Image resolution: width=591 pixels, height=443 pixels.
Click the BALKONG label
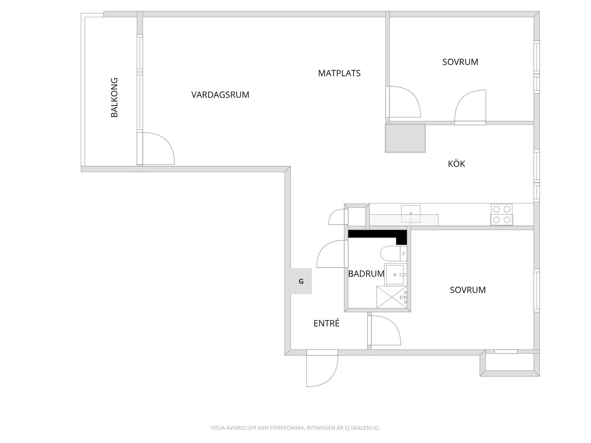click(114, 97)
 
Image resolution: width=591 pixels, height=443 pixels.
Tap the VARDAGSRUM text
click(220, 95)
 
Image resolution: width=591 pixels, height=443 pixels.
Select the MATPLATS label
click(339, 73)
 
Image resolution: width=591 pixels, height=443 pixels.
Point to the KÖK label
click(456, 164)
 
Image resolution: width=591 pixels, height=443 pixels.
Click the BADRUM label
click(366, 273)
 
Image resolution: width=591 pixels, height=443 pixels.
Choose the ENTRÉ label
click(326, 323)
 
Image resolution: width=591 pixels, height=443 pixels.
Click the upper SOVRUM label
click(460, 62)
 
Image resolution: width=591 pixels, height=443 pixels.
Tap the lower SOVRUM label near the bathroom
click(468, 290)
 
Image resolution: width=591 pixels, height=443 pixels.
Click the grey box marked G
click(301, 281)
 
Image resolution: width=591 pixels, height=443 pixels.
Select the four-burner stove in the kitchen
click(501, 214)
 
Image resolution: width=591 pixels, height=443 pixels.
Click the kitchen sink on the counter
click(411, 214)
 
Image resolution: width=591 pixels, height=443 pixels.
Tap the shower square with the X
click(391, 297)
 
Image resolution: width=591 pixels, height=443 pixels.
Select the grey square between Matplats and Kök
click(405, 138)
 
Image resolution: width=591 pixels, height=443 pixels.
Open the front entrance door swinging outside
click(322, 369)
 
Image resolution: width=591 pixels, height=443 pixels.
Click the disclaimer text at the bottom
click(295, 428)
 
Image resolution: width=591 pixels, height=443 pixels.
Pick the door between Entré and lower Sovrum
click(385, 331)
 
